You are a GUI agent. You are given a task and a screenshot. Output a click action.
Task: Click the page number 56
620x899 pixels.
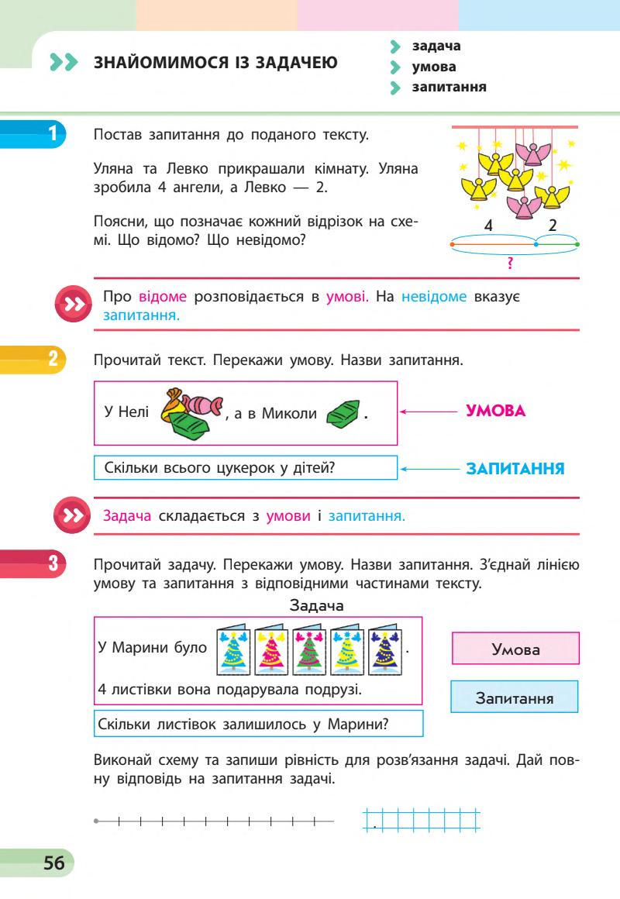tap(53, 863)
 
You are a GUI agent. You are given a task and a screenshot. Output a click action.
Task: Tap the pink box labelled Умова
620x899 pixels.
tap(515, 649)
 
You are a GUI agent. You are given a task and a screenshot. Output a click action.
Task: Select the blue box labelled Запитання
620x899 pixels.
tap(515, 697)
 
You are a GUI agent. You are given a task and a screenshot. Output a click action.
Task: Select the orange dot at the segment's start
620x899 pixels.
tap(451, 245)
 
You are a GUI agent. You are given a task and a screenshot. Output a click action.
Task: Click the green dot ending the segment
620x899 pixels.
tap(578, 245)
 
